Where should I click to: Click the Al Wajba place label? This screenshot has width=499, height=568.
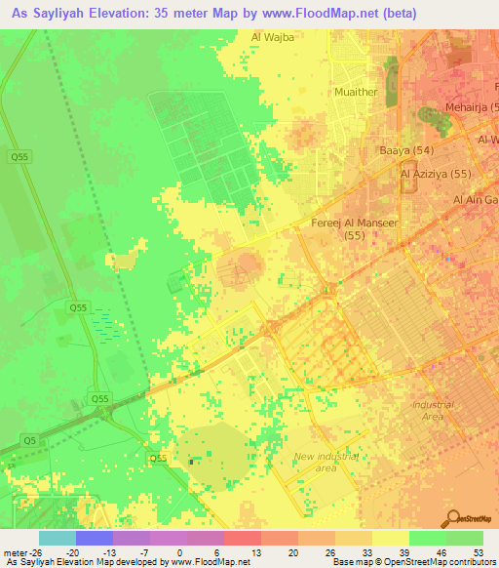(272, 38)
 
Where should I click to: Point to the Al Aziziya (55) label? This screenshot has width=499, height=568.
(435, 174)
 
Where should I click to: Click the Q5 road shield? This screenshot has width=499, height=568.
(32, 440)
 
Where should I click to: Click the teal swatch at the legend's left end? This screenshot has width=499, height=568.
(57, 538)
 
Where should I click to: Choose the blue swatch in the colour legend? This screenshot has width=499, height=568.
(94, 538)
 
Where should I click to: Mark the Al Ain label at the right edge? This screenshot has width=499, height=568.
(475, 200)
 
